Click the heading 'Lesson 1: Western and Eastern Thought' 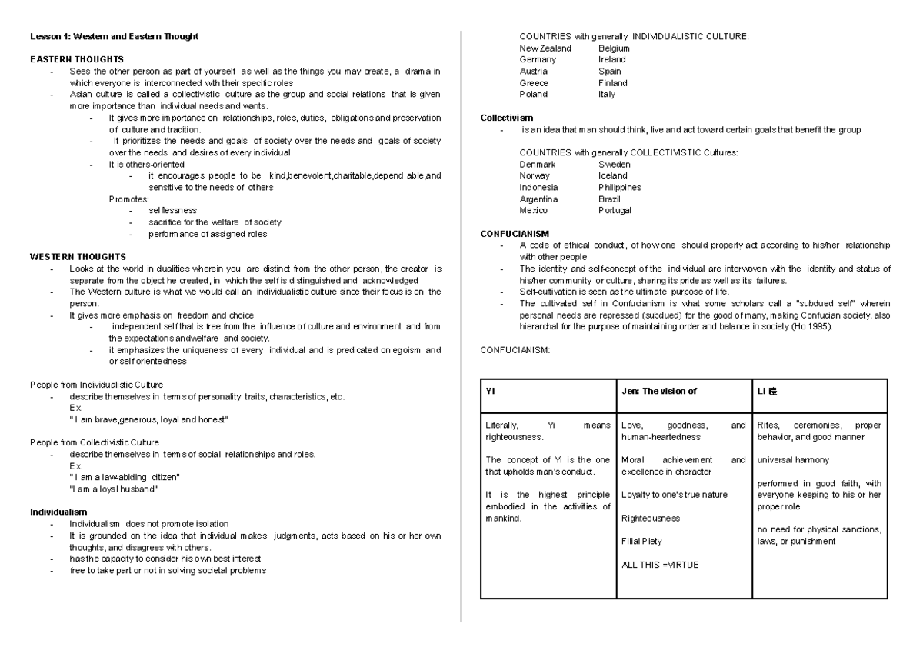(114, 36)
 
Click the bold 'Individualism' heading (58, 511)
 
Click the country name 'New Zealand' (545, 48)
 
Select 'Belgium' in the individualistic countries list (614, 48)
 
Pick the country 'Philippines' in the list (619, 187)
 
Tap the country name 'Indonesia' (538, 187)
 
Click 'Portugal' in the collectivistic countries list (615, 210)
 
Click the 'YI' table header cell (491, 391)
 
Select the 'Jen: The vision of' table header (658, 391)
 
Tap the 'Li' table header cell (767, 391)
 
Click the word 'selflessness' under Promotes (173, 210)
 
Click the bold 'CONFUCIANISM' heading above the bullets (515, 233)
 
